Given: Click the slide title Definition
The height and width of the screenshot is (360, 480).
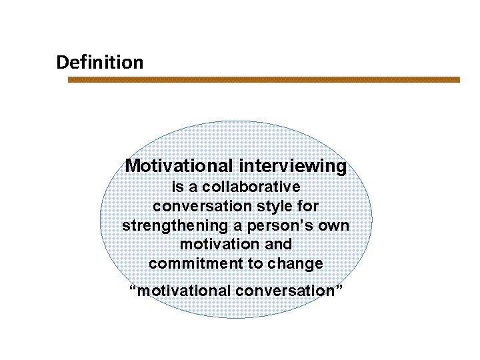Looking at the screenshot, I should (x=99, y=63).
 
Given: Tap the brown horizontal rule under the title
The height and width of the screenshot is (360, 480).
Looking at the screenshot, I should (x=264, y=79).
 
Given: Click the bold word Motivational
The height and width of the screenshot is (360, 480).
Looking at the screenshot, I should (x=179, y=165).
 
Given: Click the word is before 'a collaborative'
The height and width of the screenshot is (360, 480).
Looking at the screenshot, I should (x=177, y=187).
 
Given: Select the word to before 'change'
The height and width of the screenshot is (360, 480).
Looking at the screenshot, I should (x=256, y=264).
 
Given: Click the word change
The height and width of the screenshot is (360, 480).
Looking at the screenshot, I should (x=295, y=264).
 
